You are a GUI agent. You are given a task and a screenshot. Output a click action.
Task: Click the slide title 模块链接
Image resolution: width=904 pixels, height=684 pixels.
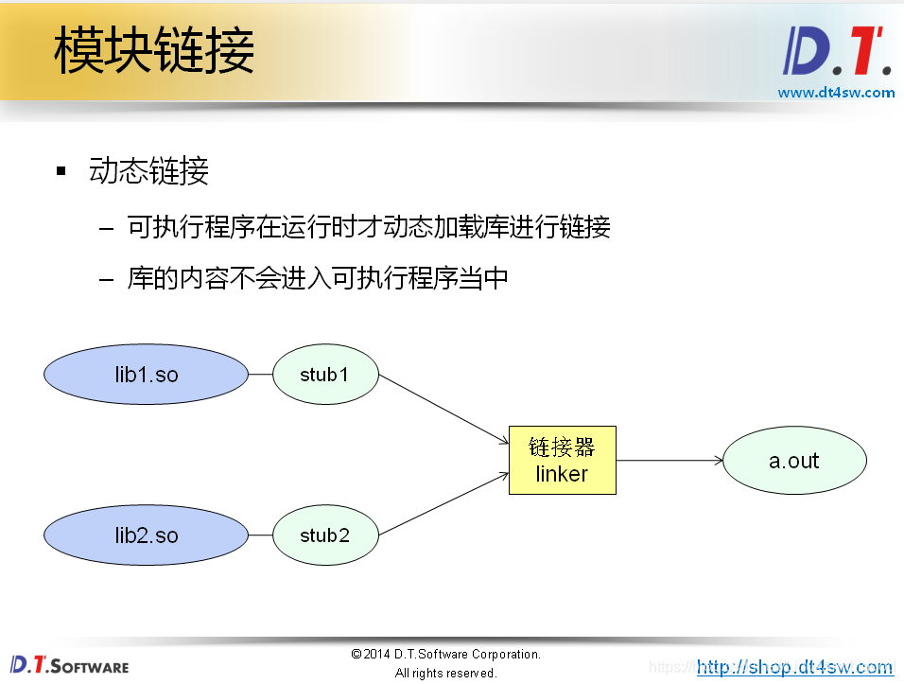pyautogui.click(x=154, y=50)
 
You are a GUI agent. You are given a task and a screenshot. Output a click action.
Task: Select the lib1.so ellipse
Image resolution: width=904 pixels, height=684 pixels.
pyautogui.click(x=147, y=375)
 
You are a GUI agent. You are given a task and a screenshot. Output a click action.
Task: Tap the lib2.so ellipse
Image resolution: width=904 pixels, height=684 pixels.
pyautogui.click(x=147, y=535)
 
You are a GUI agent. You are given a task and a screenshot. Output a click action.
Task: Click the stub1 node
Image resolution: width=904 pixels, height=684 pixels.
pyautogui.click(x=325, y=375)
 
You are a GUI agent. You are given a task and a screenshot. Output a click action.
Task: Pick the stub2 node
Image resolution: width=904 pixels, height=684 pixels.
pyautogui.click(x=325, y=535)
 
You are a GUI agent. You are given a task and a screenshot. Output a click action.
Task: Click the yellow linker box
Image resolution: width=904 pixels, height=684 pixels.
pyautogui.click(x=562, y=460)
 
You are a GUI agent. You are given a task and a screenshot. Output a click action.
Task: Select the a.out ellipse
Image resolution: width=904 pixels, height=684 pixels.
pyautogui.click(x=794, y=461)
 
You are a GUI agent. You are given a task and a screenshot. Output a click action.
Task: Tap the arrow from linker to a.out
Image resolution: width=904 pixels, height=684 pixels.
pyautogui.click(x=669, y=461)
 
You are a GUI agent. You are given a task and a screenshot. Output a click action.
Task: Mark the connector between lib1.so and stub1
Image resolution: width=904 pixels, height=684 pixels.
pyautogui.click(x=261, y=375)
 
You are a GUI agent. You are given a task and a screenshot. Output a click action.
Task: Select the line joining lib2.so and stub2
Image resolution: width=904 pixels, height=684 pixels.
pyautogui.click(x=261, y=535)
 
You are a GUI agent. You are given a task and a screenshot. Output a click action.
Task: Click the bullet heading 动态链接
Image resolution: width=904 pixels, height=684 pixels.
pyautogui.click(x=148, y=171)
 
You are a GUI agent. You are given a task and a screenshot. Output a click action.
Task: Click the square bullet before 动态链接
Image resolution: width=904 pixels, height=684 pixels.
pyautogui.click(x=61, y=171)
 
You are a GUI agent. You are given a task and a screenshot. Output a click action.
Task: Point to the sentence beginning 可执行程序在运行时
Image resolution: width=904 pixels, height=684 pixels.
pyautogui.click(x=369, y=227)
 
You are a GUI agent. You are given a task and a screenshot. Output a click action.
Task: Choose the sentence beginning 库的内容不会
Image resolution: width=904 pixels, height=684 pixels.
pyautogui.click(x=318, y=278)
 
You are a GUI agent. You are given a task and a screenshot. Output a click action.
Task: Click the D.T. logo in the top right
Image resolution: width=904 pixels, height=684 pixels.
pyautogui.click(x=837, y=52)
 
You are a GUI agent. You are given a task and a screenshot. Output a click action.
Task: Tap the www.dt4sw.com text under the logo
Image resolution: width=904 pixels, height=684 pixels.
pyautogui.click(x=836, y=93)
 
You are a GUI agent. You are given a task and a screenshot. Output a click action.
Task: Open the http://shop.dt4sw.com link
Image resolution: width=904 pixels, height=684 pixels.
pyautogui.click(x=794, y=667)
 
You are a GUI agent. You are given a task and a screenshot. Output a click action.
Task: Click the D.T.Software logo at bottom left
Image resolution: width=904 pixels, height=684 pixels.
pyautogui.click(x=69, y=665)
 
